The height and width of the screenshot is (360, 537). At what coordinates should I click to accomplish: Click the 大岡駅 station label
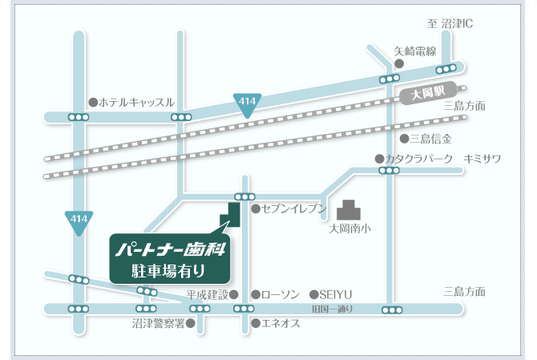click(x=427, y=93)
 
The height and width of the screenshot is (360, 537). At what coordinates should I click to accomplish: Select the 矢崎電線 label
click(x=414, y=51)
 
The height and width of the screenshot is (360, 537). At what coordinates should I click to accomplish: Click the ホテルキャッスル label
click(x=136, y=103)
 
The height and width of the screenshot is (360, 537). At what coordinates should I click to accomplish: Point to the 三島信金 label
click(x=431, y=139)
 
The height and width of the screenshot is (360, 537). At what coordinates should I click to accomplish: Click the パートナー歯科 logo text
click(x=169, y=249)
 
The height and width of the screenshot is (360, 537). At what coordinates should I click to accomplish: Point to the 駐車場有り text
click(x=168, y=271)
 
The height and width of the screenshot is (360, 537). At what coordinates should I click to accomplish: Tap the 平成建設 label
click(x=208, y=294)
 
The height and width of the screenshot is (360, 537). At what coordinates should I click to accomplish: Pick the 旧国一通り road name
click(x=333, y=309)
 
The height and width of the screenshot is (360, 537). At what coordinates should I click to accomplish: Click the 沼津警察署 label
click(x=159, y=324)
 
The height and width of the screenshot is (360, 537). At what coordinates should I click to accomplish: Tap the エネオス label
click(x=281, y=323)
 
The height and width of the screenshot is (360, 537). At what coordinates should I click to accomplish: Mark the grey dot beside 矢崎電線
click(x=399, y=63)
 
